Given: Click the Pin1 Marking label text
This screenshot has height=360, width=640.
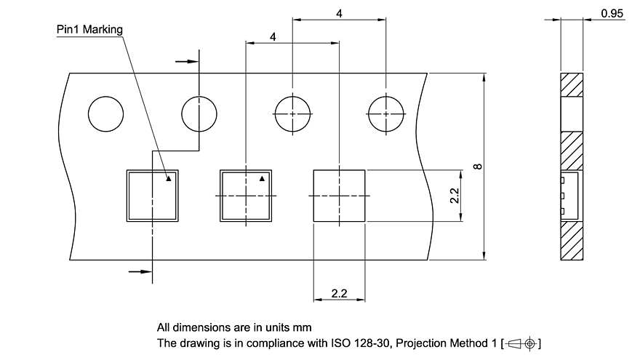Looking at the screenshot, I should (x=89, y=30).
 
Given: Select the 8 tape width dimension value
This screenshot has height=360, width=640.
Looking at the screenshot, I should (x=477, y=167).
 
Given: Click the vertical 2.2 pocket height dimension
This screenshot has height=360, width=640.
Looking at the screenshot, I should (x=453, y=196).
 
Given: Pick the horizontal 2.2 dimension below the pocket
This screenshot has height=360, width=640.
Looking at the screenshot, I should (x=338, y=294).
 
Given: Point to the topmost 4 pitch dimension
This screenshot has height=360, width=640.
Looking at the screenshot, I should (x=339, y=14).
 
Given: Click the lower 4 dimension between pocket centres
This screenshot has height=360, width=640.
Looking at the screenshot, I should (x=272, y=36).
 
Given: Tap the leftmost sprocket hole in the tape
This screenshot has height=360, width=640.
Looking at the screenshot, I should (x=106, y=115).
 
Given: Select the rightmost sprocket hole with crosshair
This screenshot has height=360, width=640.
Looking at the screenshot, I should (x=385, y=115).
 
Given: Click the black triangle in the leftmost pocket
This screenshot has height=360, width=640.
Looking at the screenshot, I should (x=169, y=177).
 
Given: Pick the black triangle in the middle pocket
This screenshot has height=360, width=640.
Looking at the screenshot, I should (x=263, y=177).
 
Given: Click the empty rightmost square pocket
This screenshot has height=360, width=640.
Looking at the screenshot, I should (x=339, y=196).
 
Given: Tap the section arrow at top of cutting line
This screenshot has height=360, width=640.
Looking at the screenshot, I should (x=188, y=62).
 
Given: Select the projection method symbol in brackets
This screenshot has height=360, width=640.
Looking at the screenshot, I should (x=523, y=343).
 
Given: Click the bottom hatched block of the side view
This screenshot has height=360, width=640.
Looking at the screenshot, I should (x=571, y=241).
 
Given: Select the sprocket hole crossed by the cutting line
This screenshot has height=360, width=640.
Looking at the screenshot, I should (x=199, y=115).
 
